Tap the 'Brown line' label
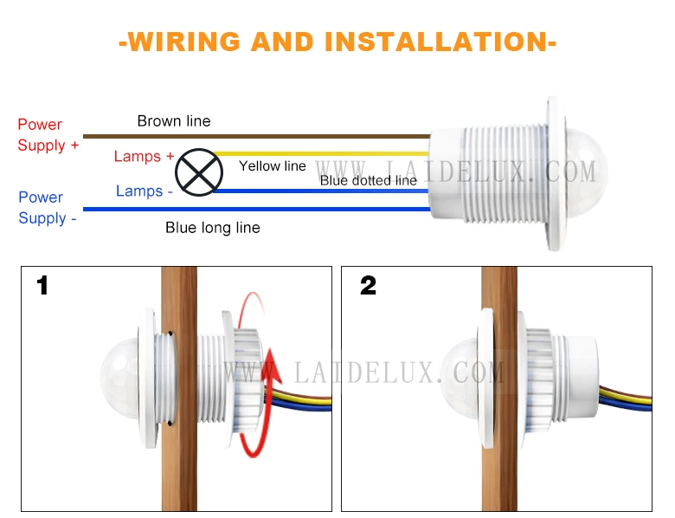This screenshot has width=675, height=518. tap(174, 121)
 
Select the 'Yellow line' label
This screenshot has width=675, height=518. tap(273, 166)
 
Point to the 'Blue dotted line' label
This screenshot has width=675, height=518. tap(369, 180)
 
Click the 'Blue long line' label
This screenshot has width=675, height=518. tap(213, 228)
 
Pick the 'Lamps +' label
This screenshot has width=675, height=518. tap(144, 156)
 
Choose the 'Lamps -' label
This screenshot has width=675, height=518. tap(145, 191)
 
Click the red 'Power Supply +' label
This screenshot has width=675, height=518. tap(48, 135)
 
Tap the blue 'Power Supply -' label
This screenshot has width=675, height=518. tap(48, 208)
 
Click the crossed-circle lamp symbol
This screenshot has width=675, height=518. tap(199, 172)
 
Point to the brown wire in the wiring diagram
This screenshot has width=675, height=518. tap(256, 137)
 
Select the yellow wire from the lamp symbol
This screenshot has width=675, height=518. tap(321, 153)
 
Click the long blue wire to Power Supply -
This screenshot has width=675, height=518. tap(256, 209)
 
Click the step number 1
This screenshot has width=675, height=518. tap(42, 286)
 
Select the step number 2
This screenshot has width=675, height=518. tap(368, 286)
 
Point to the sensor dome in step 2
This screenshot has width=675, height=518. tap(459, 379)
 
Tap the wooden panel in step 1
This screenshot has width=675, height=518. tap(179, 389)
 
